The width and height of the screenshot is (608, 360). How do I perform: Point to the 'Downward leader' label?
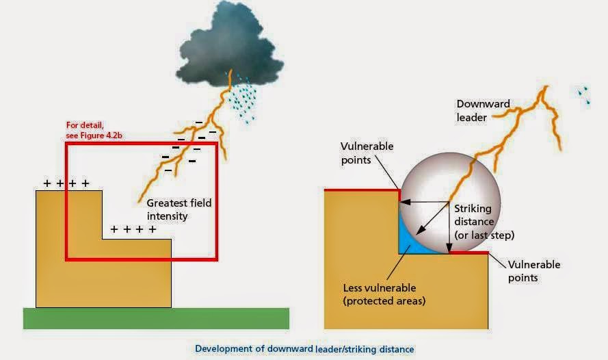click(483, 110)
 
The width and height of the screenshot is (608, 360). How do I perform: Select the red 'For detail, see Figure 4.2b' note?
click(96, 130)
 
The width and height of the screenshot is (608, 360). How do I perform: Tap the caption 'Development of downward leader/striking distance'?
click(304, 349)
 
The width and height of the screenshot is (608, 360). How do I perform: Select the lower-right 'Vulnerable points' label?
click(533, 271)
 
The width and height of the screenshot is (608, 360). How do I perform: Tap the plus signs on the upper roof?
click(66, 183)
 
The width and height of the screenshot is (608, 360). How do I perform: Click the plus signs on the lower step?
click(133, 230)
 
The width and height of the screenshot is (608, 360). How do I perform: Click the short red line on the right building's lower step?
click(470, 253)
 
